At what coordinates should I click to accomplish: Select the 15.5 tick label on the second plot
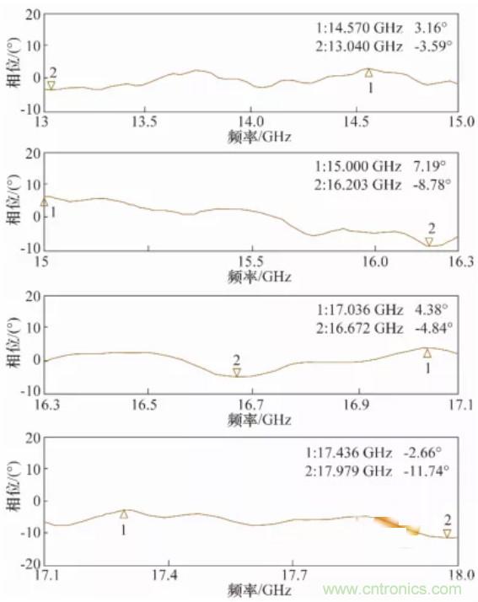[x=250, y=262]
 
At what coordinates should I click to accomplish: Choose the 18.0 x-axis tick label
[x=457, y=575]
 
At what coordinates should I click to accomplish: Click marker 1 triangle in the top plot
[x=368, y=73]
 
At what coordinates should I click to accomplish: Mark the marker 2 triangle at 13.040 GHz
[x=51, y=85]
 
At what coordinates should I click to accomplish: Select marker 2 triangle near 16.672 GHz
[x=237, y=372]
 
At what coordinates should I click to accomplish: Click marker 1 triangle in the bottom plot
[x=124, y=513]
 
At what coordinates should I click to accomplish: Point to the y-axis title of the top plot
[x=12, y=62]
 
